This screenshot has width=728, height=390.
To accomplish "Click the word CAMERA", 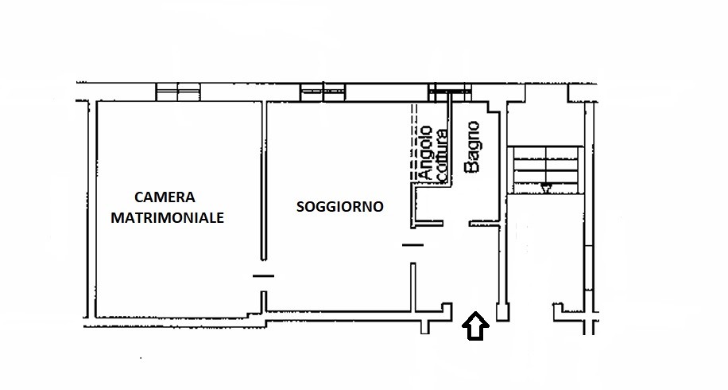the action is tap(165, 197).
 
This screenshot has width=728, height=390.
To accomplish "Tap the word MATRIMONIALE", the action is tap(167, 217).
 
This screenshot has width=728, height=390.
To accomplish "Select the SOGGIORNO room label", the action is tap(340, 206).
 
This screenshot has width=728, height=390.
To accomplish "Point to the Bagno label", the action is tap(473, 147).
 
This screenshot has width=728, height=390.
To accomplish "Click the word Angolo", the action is tap(425, 153).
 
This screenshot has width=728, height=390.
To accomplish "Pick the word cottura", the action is tap(443, 156).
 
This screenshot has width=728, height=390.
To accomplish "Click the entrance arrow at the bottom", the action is tap(475, 326).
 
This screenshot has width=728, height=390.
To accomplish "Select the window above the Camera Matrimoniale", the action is tap(178, 92).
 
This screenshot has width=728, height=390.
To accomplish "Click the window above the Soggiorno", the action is tap(323, 92).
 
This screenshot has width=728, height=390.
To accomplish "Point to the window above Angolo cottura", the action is tap(450, 92).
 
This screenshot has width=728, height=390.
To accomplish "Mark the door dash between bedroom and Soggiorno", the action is tap(263, 276).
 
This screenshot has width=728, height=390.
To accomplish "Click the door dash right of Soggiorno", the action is tap(412, 244).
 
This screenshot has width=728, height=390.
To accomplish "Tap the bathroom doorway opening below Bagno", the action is tap(456, 224).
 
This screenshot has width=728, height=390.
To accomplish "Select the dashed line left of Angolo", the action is tap(414, 142).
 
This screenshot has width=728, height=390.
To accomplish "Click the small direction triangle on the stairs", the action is tap(546, 189).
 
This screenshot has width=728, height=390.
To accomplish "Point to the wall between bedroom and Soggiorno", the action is tap(263, 181).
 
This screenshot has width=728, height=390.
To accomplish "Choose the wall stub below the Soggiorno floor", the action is tap(425, 327).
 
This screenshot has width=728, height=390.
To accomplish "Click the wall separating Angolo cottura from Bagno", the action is tap(449, 139).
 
